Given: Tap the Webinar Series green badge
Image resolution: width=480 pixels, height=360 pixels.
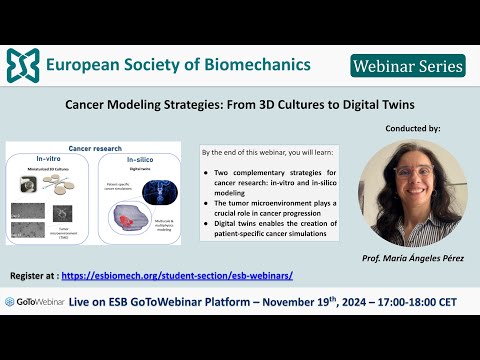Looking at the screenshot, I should [408, 66].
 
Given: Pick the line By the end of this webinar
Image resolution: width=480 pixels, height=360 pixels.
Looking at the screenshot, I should [261, 153].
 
